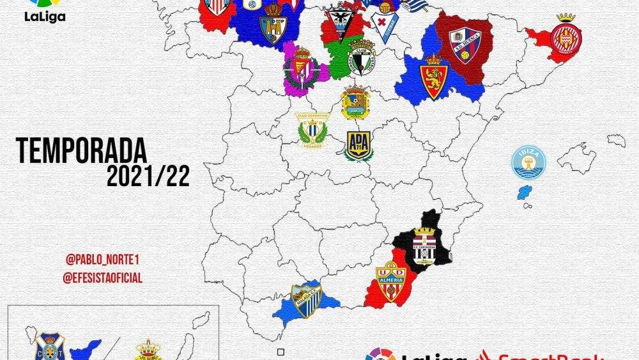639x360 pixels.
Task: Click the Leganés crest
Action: (x=312, y=130)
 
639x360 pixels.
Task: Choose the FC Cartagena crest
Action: (x=424, y=244)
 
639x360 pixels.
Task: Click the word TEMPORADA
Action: (x=82, y=152)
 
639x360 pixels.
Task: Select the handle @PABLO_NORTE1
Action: (x=103, y=260)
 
